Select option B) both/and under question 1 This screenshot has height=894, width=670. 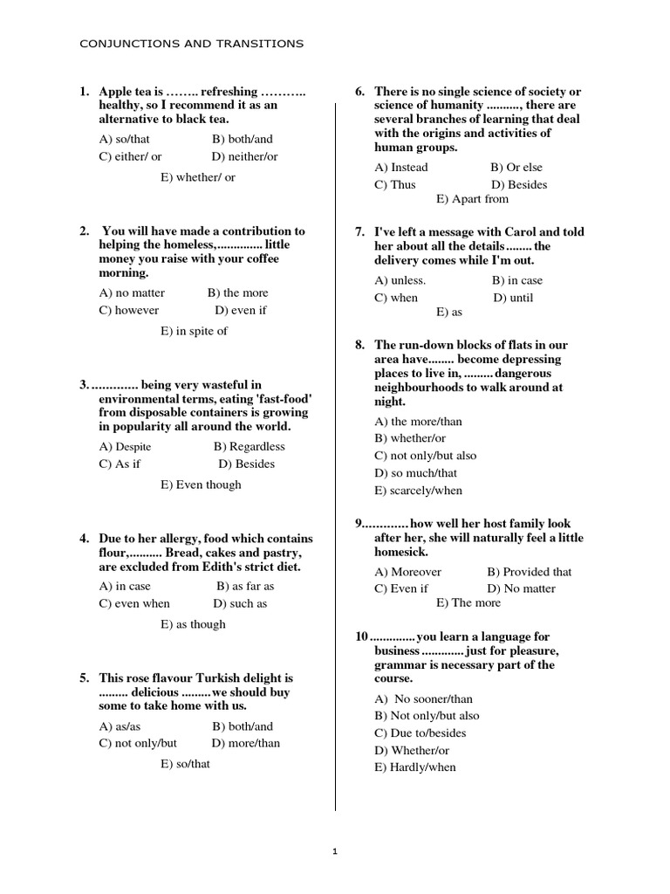click(x=242, y=139)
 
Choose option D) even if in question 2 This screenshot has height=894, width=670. click(x=241, y=310)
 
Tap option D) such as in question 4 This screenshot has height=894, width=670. click(x=240, y=603)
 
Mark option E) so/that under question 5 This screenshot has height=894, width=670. click(x=185, y=764)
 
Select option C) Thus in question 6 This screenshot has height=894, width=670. click(x=395, y=184)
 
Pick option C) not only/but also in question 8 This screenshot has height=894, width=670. click(x=426, y=455)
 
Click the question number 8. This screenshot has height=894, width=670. click(x=359, y=345)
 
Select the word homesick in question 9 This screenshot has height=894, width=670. click(x=400, y=552)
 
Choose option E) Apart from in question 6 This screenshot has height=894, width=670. click(x=472, y=199)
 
